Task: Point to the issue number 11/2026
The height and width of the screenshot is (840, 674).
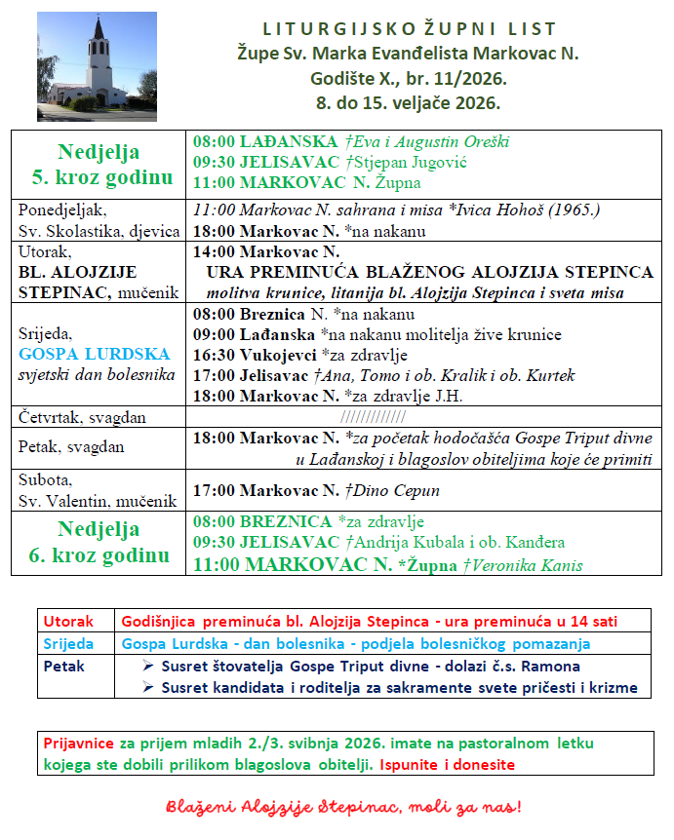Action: pyautogui.click(x=471, y=77)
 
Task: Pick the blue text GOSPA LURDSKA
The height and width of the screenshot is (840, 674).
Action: pyautogui.click(x=94, y=353)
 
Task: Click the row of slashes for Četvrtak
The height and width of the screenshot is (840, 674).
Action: pyautogui.click(x=420, y=417)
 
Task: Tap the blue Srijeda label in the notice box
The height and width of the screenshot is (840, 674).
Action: pyautogui.click(x=69, y=644)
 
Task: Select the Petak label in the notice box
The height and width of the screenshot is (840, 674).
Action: pyautogui.click(x=65, y=667)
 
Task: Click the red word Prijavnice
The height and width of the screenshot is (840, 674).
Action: pyautogui.click(x=79, y=744)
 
